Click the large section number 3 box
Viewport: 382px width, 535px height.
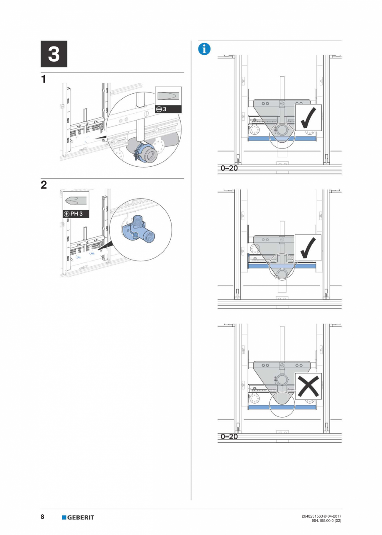pyautogui.click(x=54, y=54)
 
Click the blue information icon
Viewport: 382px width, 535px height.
pyautogui.click(x=204, y=49)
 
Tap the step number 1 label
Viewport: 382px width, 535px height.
pyautogui.click(x=44, y=79)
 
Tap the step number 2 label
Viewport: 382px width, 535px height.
pyautogui.click(x=44, y=185)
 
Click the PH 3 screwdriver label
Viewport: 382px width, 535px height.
pyautogui.click(x=76, y=214)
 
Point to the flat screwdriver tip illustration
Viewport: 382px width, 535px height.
pyautogui.click(x=168, y=96)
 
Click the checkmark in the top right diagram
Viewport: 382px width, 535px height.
pyautogui.click(x=308, y=117)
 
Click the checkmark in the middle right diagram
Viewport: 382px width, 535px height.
pyautogui.click(x=308, y=248)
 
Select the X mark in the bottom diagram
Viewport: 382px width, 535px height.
pyautogui.click(x=308, y=386)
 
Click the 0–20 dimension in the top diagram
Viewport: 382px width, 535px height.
pyautogui.click(x=229, y=168)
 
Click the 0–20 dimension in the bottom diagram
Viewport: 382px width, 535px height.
pyautogui.click(x=229, y=437)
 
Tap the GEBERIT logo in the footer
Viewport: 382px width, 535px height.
pyautogui.click(x=78, y=517)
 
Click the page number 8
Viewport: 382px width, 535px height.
pyautogui.click(x=43, y=517)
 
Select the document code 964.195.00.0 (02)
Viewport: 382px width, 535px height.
pyautogui.click(x=326, y=520)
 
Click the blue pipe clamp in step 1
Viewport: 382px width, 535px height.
pyautogui.click(x=144, y=151)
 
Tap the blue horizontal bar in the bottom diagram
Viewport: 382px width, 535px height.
pyautogui.click(x=282, y=407)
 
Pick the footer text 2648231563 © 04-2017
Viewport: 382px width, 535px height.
pyautogui.click(x=321, y=516)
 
